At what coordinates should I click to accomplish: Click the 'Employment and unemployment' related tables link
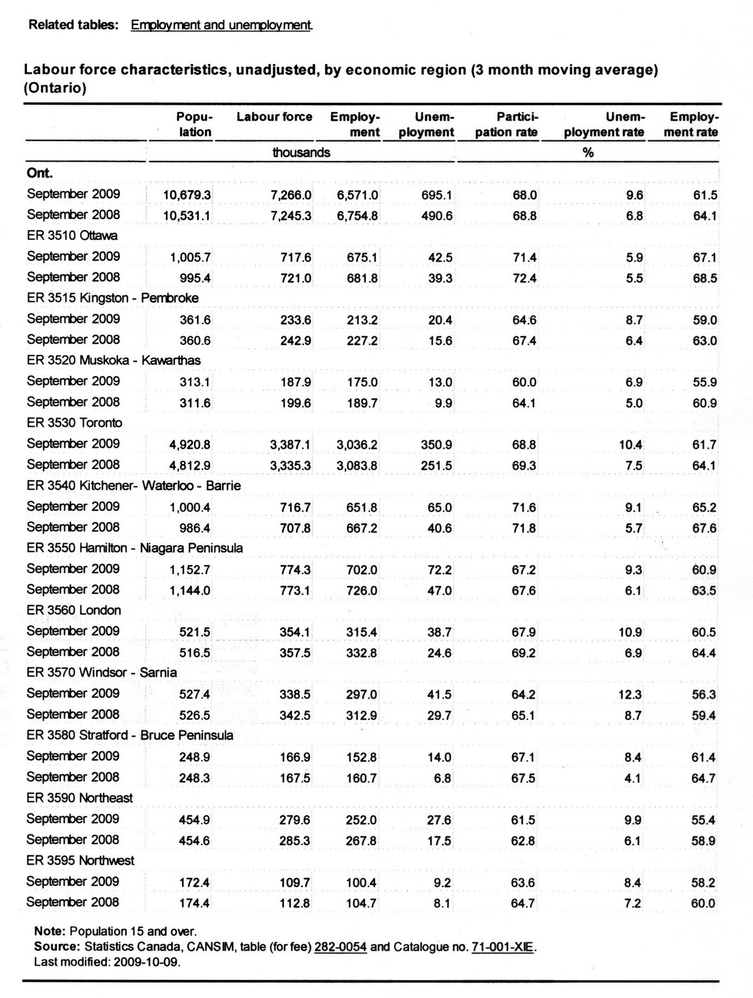click(x=221, y=25)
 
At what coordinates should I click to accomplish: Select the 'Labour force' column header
click(x=274, y=117)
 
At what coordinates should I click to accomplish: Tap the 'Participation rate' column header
click(x=506, y=125)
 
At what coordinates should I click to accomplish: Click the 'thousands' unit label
click(x=301, y=153)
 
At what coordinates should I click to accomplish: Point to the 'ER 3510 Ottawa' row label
click(x=72, y=235)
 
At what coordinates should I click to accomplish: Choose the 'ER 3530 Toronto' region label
click(x=74, y=423)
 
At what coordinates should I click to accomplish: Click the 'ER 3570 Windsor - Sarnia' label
click(x=102, y=672)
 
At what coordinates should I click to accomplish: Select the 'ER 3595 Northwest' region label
click(x=80, y=860)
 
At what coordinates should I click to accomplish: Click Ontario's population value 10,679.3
click(x=187, y=195)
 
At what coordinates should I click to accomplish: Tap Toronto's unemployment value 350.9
click(x=437, y=445)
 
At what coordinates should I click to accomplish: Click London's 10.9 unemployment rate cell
click(x=630, y=632)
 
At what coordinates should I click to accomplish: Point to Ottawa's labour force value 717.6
click(x=296, y=258)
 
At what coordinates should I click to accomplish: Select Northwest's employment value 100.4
click(x=362, y=883)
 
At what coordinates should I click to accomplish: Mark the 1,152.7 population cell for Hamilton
click(x=190, y=570)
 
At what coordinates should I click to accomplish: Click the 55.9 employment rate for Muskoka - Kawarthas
click(x=704, y=382)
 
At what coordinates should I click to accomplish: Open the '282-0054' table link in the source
click(x=341, y=947)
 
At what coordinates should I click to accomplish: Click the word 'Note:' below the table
click(x=49, y=932)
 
